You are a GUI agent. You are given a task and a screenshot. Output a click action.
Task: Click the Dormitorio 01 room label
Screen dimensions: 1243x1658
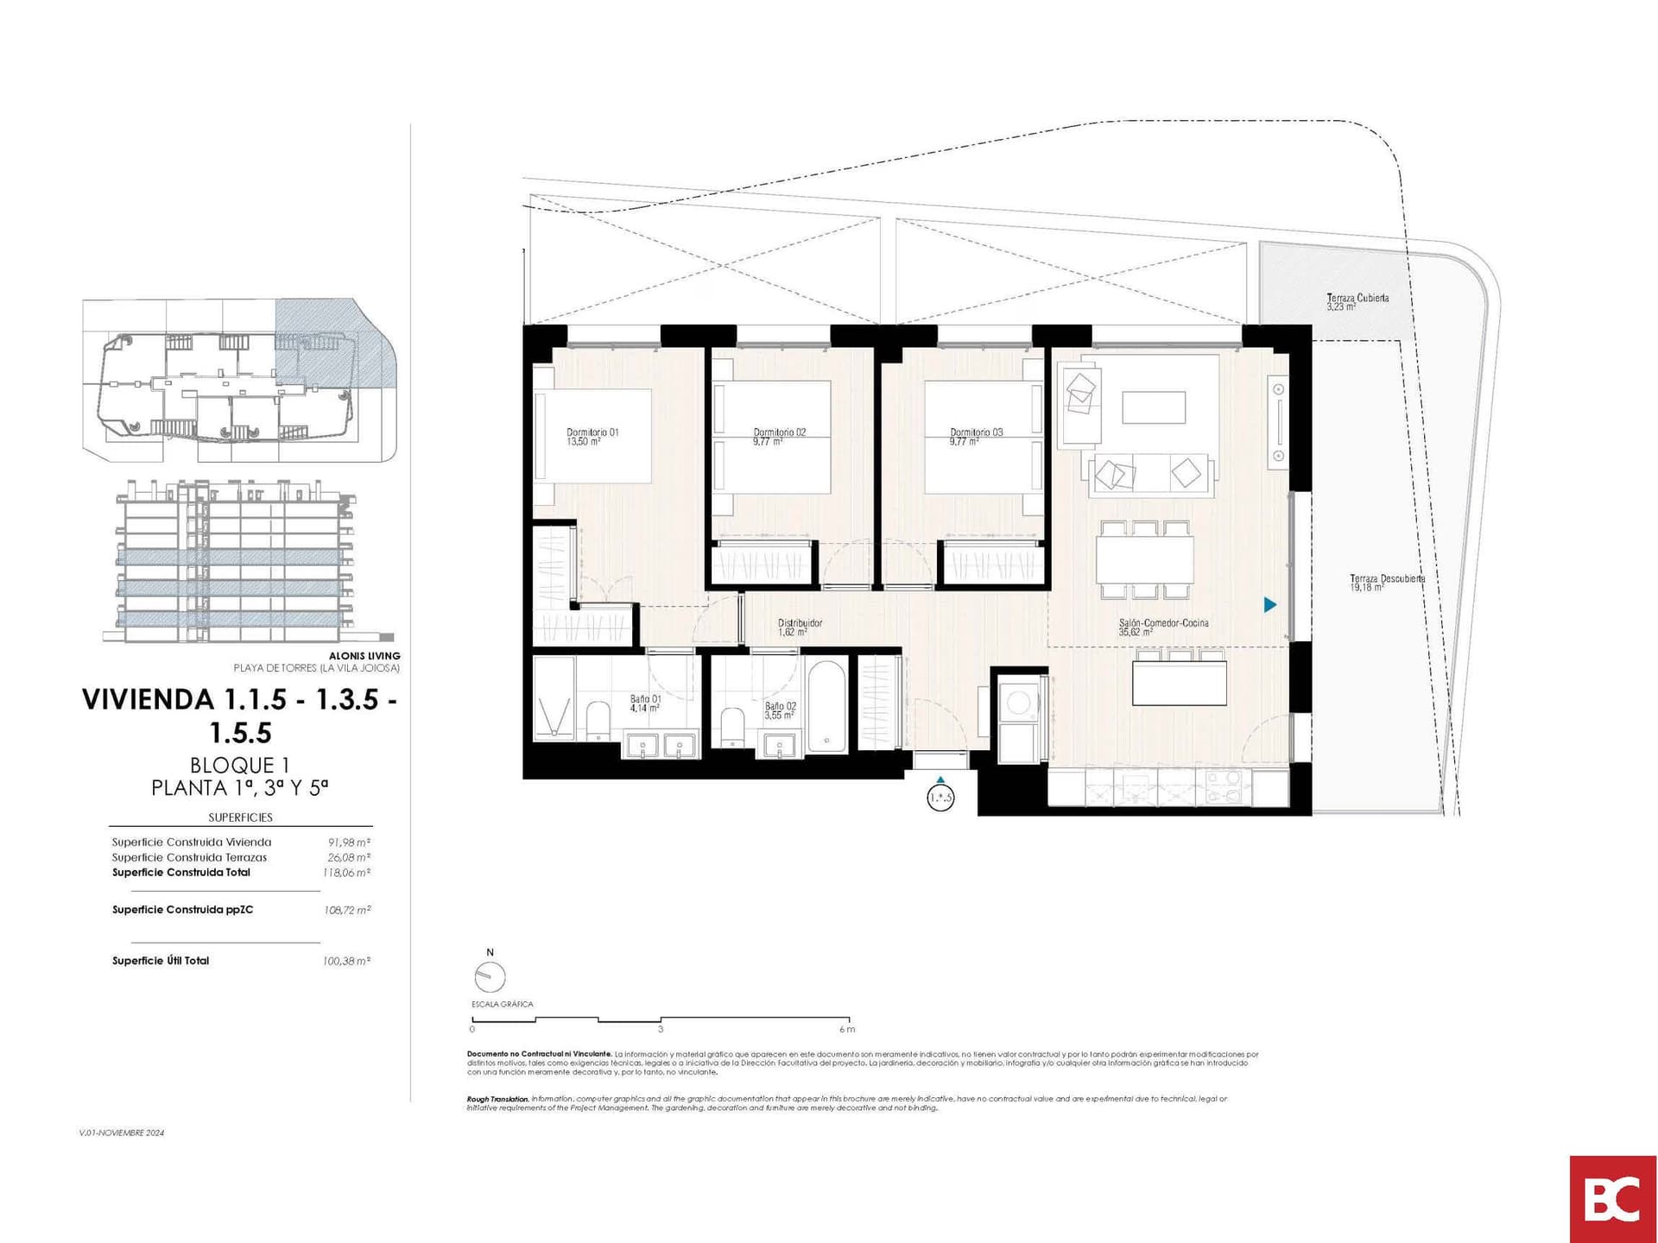click(592, 437)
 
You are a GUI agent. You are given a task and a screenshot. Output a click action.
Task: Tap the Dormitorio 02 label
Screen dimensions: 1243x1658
click(779, 437)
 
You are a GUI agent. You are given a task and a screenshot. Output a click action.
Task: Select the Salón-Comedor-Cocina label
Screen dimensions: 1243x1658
click(1162, 627)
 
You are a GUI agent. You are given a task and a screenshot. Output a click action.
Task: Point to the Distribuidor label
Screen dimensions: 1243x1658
click(800, 627)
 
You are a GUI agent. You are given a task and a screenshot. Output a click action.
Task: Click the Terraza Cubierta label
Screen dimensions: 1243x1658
click(1357, 301)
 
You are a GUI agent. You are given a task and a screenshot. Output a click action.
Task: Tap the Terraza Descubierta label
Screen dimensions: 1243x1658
click(1387, 583)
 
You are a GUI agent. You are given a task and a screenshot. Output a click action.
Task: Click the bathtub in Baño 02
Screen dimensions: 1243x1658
click(827, 706)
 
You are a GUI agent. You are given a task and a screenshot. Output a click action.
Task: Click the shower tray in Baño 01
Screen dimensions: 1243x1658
click(554, 698)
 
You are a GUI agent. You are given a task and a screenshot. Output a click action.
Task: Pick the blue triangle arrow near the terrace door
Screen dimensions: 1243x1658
click(1269, 605)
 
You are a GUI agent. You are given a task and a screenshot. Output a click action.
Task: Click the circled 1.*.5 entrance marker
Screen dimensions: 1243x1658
click(940, 797)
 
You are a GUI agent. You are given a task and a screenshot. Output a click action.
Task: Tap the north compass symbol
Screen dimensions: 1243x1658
click(490, 977)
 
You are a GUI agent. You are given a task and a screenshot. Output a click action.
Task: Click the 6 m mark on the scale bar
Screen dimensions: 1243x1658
click(848, 1028)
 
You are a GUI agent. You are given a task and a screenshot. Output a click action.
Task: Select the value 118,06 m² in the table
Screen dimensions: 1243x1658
click(346, 873)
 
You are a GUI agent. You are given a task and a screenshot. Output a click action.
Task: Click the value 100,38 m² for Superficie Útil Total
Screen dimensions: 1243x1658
click(346, 961)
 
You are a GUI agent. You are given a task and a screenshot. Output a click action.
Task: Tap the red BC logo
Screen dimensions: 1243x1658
click(1612, 1199)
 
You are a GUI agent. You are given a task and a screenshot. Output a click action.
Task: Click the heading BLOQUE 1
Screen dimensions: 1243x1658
click(239, 765)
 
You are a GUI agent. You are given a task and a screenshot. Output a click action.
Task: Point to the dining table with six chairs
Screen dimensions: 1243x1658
click(1145, 559)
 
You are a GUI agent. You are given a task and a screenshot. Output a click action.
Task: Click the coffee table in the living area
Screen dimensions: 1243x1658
click(1154, 407)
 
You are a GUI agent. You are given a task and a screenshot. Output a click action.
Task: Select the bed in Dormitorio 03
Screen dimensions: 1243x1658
click(983, 437)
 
